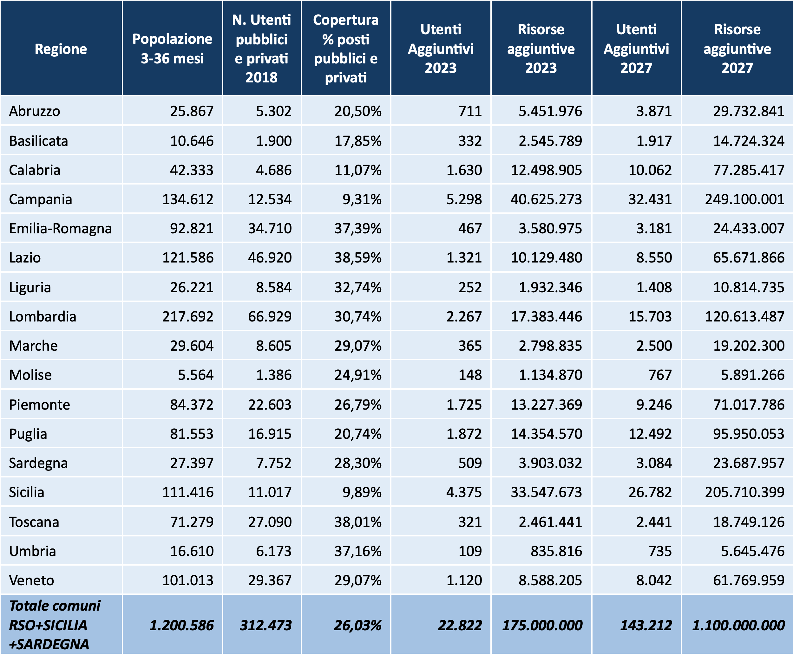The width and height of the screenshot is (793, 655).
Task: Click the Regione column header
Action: coord(61,49)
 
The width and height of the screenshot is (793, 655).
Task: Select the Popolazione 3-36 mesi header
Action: coord(172,49)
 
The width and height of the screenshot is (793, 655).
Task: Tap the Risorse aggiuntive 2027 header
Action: coord(737,49)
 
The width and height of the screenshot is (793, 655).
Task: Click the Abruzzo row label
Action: coord(34,111)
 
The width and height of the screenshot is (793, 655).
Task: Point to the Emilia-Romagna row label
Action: coord(60,229)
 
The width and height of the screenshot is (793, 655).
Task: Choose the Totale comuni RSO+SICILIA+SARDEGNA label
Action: coord(55,625)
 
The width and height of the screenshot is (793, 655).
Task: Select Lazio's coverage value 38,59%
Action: coord(358,258)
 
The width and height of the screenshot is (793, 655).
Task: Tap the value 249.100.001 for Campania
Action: coord(745,199)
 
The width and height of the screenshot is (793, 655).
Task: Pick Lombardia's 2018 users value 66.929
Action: coord(270,316)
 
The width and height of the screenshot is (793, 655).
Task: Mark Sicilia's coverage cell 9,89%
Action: coord(362,492)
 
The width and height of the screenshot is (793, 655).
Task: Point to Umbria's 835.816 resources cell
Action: coord(556,551)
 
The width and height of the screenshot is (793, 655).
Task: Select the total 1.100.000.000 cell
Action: coord(738,625)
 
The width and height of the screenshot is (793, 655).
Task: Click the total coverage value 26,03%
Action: coord(358,625)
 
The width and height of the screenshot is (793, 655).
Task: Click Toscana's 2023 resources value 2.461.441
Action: coord(550,522)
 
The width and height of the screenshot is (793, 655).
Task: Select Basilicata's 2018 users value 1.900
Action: coord(274,141)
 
